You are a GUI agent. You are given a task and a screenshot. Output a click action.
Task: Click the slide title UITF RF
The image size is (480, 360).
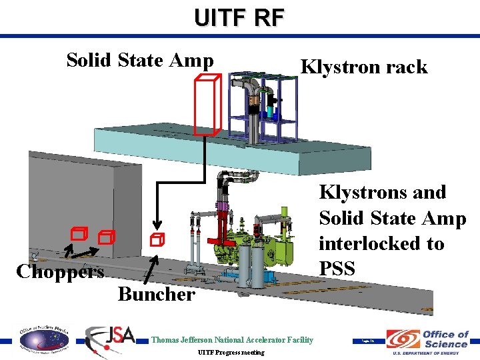point(239,17)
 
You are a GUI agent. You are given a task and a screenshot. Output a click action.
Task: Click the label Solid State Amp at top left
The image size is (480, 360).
point(140,61)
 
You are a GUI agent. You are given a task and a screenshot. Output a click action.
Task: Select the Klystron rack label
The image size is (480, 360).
point(364,67)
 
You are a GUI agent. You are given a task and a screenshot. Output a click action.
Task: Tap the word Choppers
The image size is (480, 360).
point(60,272)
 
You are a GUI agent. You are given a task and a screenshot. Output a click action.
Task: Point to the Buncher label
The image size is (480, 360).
point(157,294)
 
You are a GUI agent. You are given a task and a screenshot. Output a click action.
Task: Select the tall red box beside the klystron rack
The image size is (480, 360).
point(207,107)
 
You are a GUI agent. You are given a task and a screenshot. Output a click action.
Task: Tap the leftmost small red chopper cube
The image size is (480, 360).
point(80,233)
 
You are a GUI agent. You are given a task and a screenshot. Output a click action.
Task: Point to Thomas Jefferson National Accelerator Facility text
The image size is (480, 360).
point(232,340)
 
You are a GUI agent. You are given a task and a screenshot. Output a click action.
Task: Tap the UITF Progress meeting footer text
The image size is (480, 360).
point(231,352)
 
